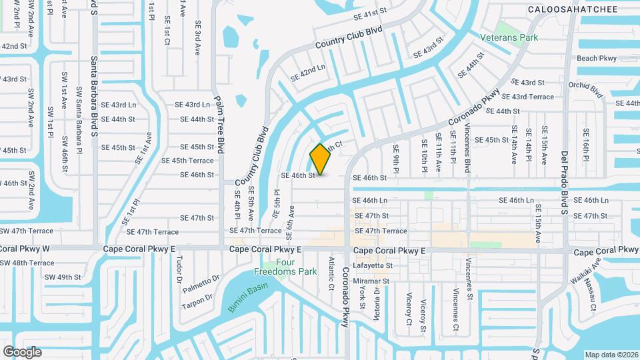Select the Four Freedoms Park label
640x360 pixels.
coord(286,267)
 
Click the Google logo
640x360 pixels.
coord(22,351)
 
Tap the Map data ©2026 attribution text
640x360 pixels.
coord(611,354)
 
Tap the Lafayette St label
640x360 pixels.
coord(372,265)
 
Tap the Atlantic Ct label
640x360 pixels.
coord(331,273)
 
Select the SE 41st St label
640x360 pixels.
coord(371,13)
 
